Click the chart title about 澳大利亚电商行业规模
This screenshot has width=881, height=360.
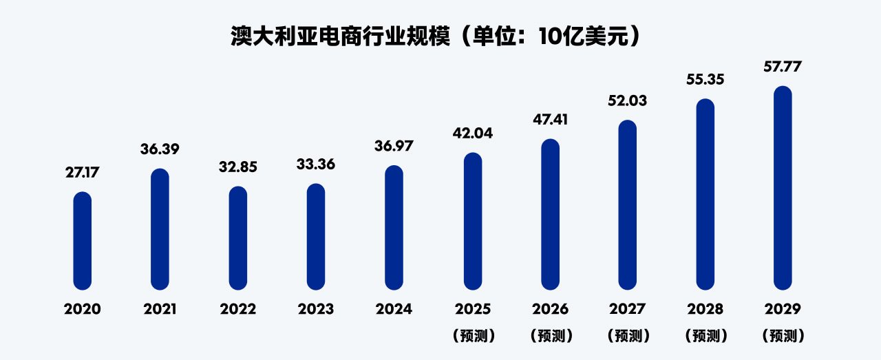click(x=440, y=36)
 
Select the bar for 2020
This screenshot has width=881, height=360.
click(x=83, y=241)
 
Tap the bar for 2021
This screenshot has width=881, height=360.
click(x=160, y=229)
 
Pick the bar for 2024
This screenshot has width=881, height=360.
click(x=394, y=228)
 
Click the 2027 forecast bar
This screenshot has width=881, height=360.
click(x=627, y=205)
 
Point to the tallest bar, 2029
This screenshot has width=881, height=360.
click(x=783, y=188)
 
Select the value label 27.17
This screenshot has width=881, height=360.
click(x=83, y=173)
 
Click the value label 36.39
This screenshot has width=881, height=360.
click(x=160, y=149)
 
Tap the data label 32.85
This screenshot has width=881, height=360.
click(x=237, y=167)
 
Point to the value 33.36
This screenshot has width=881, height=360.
click(x=316, y=165)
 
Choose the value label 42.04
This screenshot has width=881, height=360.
click(x=472, y=133)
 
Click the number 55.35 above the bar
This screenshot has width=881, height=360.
click(x=705, y=80)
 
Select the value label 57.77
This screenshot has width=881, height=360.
click(x=783, y=67)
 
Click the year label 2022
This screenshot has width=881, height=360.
click(x=237, y=309)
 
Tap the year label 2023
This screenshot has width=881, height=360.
click(x=316, y=309)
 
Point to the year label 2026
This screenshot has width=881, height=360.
click(x=550, y=309)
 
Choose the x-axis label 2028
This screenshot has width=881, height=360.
click(x=705, y=309)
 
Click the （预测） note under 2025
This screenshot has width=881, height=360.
click(x=472, y=336)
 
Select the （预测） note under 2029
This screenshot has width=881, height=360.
click(x=783, y=336)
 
